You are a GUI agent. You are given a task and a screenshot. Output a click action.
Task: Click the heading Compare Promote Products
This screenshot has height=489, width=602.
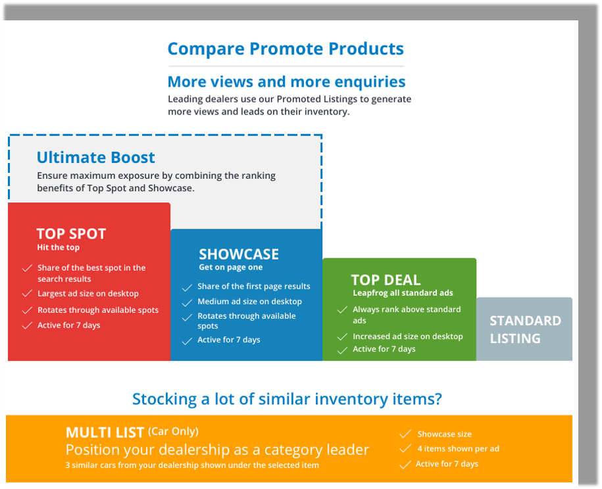[x=286, y=49]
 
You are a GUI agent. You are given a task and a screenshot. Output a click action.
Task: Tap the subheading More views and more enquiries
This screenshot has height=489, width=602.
[x=286, y=81]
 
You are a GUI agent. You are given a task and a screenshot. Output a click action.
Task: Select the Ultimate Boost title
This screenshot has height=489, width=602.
[x=95, y=157]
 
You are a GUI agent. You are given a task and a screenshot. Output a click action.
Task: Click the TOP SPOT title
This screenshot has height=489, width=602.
[x=71, y=233]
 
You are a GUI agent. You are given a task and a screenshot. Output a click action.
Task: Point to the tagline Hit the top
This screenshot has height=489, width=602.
[x=59, y=247]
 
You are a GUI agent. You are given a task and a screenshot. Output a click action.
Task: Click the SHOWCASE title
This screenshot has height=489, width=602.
[x=239, y=254]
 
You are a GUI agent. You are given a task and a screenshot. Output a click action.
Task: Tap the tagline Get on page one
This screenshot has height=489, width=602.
[x=231, y=268]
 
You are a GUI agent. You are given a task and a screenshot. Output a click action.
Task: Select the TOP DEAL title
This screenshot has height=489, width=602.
[x=386, y=280]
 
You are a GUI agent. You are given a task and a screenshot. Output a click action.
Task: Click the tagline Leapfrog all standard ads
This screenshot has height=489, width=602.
[x=403, y=293]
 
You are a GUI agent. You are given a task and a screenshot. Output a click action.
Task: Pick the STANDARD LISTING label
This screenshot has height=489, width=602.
[x=525, y=329]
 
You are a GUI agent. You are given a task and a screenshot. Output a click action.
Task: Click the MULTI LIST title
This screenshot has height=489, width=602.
[x=105, y=432]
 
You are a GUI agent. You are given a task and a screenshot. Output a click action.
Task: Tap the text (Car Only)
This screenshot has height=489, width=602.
[x=173, y=431]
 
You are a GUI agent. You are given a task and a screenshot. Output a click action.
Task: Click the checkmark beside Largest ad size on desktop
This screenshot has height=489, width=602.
[x=27, y=294]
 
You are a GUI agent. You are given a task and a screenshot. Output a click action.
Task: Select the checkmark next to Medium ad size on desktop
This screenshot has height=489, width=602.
[x=187, y=302]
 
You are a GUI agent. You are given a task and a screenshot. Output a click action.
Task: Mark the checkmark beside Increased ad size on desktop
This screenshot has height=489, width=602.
[x=342, y=337]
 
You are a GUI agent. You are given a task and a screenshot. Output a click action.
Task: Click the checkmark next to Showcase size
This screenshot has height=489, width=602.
[x=405, y=434]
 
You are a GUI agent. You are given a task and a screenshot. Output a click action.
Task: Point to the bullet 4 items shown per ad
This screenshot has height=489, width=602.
[x=459, y=449]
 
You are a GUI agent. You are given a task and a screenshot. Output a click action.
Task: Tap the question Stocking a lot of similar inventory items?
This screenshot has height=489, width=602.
[x=287, y=399]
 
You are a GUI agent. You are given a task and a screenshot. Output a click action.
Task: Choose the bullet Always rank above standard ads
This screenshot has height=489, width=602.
[x=407, y=315]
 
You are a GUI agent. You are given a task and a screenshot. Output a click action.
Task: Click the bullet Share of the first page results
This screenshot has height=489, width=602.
[x=254, y=287]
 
